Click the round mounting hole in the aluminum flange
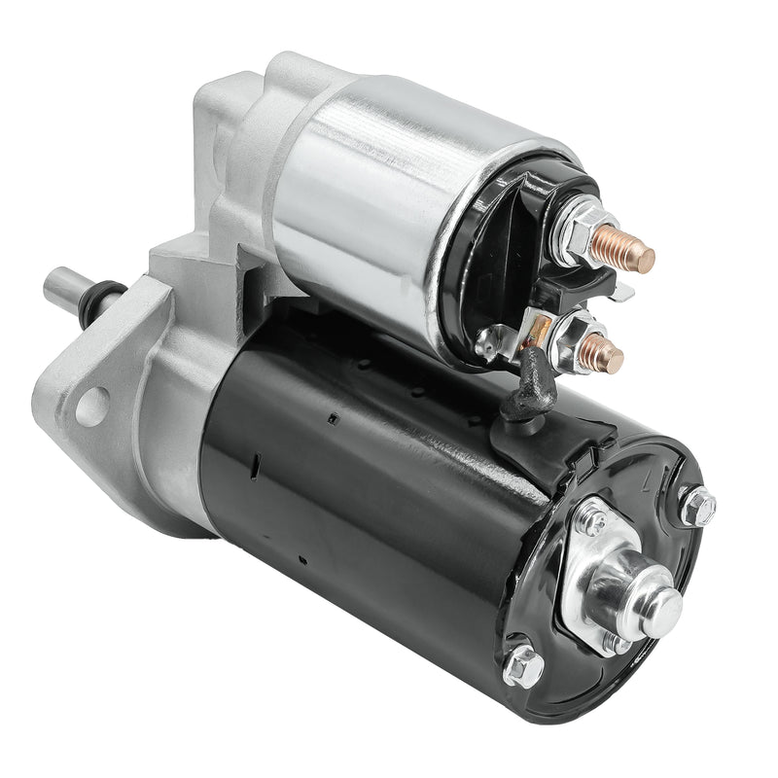coord(91,407)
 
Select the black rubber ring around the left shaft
coord(101,298)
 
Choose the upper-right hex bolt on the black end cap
coord(697,507)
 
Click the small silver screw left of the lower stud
coord(489,338)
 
